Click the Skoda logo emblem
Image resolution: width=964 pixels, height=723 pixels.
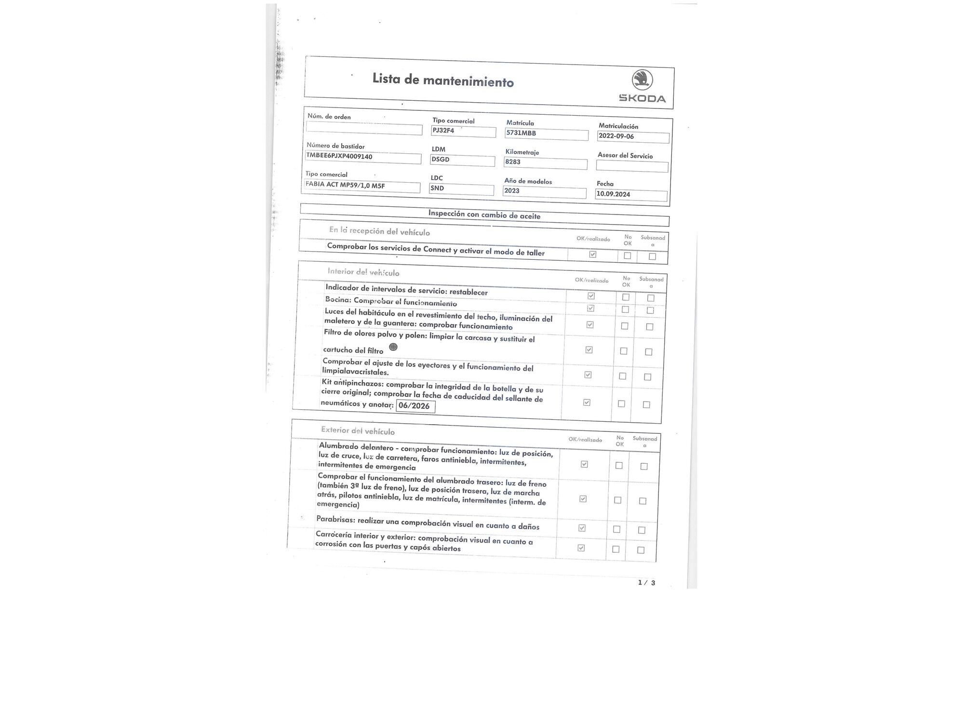click(x=642, y=80)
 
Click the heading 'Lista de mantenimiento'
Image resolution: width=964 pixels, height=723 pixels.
click(x=443, y=80)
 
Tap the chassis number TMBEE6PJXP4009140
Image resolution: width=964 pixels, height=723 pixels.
click(x=339, y=156)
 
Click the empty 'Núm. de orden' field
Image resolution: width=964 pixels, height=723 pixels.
click(x=364, y=129)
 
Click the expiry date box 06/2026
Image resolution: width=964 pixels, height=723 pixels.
click(x=415, y=406)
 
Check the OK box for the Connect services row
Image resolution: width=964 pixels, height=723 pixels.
click(x=593, y=254)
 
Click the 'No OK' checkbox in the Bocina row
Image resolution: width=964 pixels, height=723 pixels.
click(x=625, y=309)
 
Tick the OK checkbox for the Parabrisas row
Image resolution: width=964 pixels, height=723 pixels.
click(x=582, y=528)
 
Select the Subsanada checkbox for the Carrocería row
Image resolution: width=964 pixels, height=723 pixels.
click(x=641, y=550)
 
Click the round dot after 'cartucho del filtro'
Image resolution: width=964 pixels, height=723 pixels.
click(x=393, y=347)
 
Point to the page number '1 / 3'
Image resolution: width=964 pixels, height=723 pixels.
click(x=646, y=583)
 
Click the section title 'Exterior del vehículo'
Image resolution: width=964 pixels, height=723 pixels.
click(x=358, y=431)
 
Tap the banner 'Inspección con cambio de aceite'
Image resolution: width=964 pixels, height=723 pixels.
click(x=484, y=215)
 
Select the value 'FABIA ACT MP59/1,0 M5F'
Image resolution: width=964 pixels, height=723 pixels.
click(x=345, y=185)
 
